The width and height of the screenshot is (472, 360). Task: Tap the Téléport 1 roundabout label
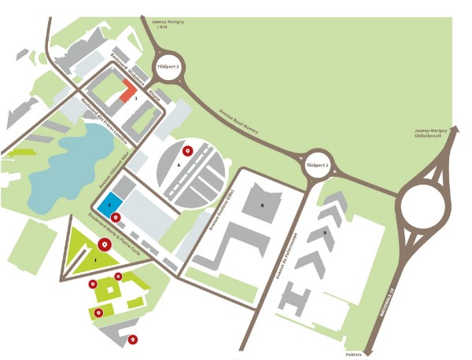[x=318, y=166]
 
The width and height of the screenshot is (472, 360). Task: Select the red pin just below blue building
[x=116, y=217]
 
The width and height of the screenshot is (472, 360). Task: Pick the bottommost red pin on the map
[x=133, y=339]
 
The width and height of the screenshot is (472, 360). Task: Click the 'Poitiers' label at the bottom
[x=355, y=354]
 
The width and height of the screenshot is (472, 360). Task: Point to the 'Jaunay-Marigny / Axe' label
[x=163, y=23]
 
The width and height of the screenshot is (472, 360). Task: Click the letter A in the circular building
[x=179, y=166]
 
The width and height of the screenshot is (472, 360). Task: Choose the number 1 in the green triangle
[x=95, y=259]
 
